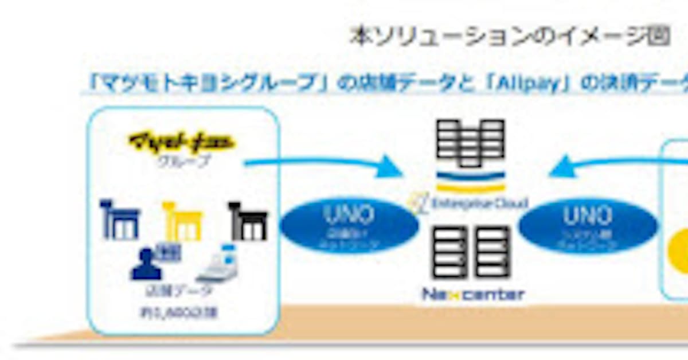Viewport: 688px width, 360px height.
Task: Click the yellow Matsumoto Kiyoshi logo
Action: point(182,141)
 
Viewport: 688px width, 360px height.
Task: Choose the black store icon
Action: point(248,221)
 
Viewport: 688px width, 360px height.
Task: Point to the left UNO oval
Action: point(349,226)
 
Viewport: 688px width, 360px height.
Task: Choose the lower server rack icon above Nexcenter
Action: point(471,252)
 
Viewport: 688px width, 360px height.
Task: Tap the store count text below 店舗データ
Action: point(181,313)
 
